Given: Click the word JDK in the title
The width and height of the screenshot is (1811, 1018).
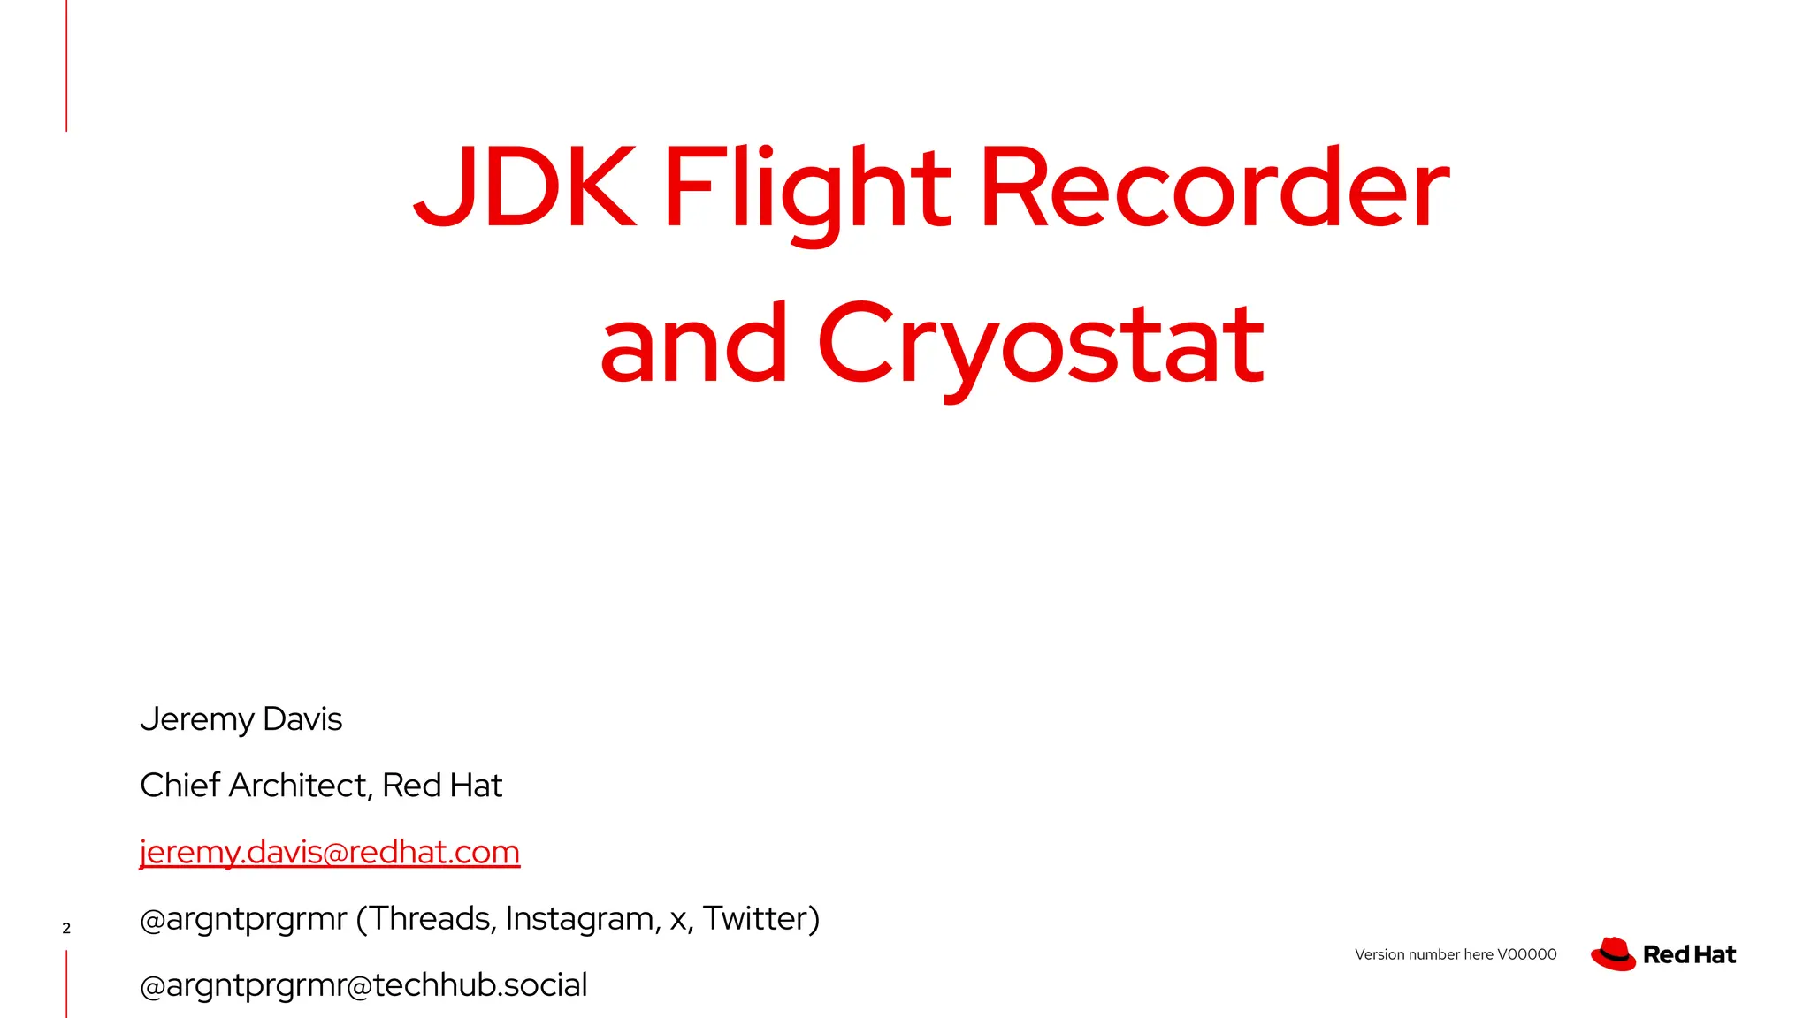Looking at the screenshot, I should [524, 187].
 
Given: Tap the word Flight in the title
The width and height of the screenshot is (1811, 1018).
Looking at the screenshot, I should [806, 187].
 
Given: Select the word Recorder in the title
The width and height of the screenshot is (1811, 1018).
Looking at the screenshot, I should [1214, 187].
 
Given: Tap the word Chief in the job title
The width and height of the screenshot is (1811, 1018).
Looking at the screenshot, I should [180, 786].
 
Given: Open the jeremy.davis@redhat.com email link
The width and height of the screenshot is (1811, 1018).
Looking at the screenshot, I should [330, 852].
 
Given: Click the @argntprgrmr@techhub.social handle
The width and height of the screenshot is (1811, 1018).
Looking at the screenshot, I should [363, 985].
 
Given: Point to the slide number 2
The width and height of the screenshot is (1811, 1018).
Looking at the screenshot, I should [66, 928].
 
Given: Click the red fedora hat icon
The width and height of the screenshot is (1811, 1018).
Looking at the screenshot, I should [1613, 954].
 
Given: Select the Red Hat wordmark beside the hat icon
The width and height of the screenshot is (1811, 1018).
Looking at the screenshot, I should [1689, 954].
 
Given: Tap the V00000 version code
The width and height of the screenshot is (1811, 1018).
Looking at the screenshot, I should [1527, 954].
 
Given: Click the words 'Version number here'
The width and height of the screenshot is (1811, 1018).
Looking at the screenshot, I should [1424, 954].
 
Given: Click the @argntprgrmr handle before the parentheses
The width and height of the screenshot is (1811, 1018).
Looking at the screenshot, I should [243, 919].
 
